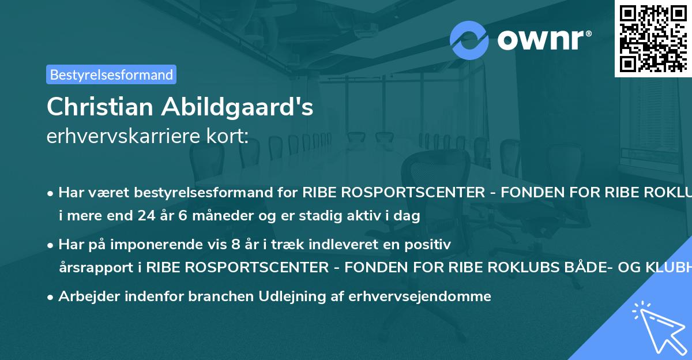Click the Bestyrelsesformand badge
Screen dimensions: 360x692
click(x=111, y=74)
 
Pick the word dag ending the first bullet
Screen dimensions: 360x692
click(x=408, y=216)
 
